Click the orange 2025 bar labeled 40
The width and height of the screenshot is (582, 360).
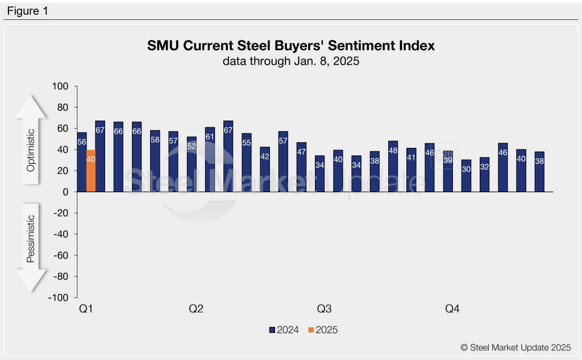click(x=91, y=171)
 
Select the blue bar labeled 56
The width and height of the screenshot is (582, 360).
click(x=82, y=162)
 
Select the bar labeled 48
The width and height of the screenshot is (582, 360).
click(x=393, y=167)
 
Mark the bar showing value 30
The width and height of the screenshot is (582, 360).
click(x=466, y=176)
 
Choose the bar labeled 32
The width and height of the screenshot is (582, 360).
click(x=484, y=175)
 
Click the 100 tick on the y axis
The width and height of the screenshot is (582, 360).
click(x=60, y=86)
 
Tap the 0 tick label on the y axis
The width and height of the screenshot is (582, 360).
click(x=65, y=192)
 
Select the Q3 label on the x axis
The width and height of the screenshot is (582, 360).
click(x=324, y=309)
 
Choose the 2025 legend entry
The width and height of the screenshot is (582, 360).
click(x=322, y=329)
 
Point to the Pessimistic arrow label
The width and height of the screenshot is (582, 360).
click(x=31, y=239)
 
